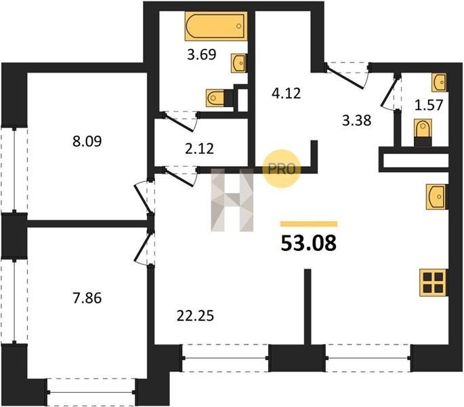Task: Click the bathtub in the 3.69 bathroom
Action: (216, 26)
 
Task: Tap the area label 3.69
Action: (202, 54)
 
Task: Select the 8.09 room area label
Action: (87, 141)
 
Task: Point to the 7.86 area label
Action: (87, 298)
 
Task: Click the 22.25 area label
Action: (195, 315)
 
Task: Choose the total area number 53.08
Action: (308, 243)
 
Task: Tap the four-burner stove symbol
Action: (434, 282)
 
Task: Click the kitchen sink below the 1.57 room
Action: (436, 197)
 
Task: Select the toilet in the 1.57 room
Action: (423, 132)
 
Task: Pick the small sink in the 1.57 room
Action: (439, 82)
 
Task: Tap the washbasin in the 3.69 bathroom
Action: (238, 63)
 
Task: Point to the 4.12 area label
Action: (287, 93)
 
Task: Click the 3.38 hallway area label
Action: (356, 121)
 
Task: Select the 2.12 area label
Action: (199, 149)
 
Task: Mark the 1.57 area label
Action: (429, 105)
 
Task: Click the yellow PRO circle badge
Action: (282, 169)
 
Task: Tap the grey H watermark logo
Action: (232, 200)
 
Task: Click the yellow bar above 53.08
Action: (309, 224)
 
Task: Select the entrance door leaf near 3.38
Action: (345, 78)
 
